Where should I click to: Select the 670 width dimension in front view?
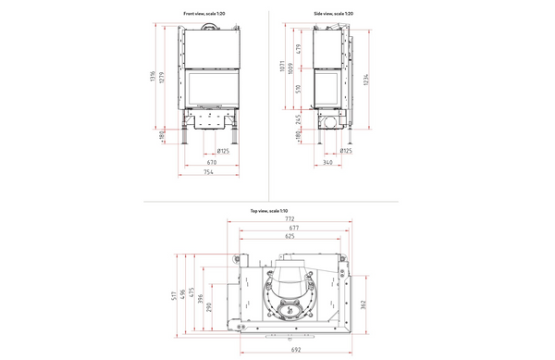(x=211, y=163)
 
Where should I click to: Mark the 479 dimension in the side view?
(x=299, y=49)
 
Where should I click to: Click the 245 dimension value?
(x=299, y=119)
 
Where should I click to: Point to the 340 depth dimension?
(x=328, y=163)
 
